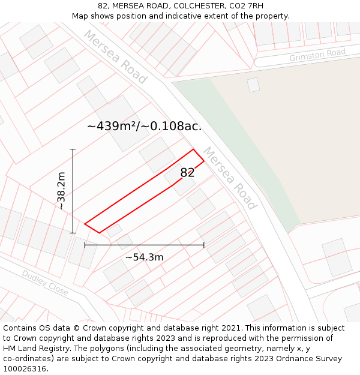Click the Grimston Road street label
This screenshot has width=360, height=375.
tap(317, 55)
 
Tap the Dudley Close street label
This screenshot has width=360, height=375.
tap(45, 282)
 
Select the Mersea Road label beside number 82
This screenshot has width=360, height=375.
tap(229, 178)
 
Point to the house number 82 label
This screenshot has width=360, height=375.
tap(187, 173)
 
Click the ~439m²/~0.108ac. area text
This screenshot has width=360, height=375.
tap(144, 126)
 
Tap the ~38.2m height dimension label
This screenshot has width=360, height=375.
tap(61, 191)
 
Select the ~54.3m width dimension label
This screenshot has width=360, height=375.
tap(144, 257)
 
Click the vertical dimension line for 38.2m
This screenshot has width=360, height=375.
tap(73, 191)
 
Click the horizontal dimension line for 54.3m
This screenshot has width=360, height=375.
tap(144, 245)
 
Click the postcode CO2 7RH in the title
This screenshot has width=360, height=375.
tap(247, 6)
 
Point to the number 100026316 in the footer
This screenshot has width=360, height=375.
tap(26, 369)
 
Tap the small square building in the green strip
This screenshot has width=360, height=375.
tap(253, 85)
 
